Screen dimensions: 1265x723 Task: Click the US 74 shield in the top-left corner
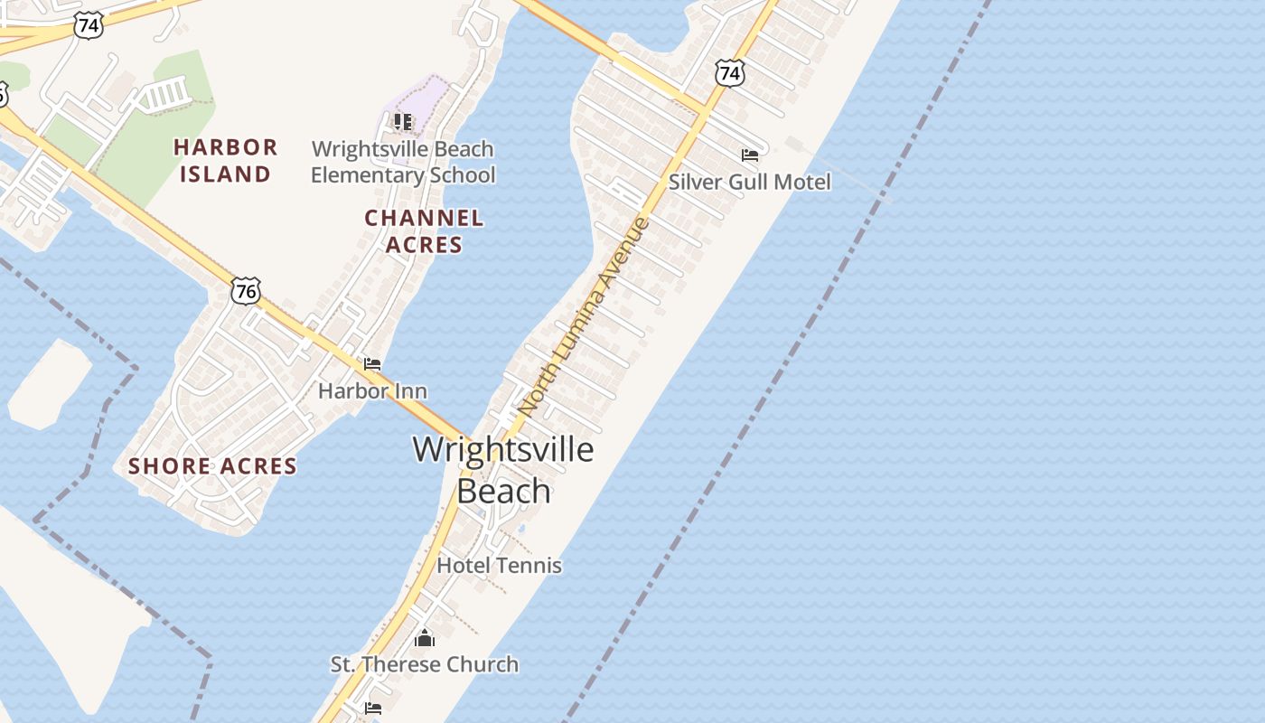tap(89, 25)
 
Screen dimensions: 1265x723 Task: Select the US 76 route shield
tap(245, 290)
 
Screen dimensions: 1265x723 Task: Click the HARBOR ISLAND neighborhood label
tap(225, 160)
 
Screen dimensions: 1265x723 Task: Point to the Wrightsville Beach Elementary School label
tap(403, 162)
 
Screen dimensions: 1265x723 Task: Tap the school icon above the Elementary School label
tap(403, 121)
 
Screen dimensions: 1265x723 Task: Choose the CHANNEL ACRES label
tap(424, 231)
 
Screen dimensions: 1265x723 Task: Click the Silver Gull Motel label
tap(749, 182)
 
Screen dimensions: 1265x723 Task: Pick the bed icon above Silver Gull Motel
tap(749, 155)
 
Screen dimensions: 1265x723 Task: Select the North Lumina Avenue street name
tap(584, 315)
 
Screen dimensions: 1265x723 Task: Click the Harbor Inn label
tap(372, 391)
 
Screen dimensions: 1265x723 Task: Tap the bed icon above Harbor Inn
tap(371, 364)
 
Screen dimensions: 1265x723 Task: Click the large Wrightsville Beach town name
tap(503, 470)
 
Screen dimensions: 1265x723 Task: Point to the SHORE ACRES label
tap(212, 466)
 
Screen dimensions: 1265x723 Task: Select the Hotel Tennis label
tap(499, 566)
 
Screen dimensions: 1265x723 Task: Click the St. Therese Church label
tap(424, 664)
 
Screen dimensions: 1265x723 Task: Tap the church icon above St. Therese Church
tap(424, 639)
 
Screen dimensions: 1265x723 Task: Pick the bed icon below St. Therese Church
tap(372, 709)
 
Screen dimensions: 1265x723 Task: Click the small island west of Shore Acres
tap(50, 384)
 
